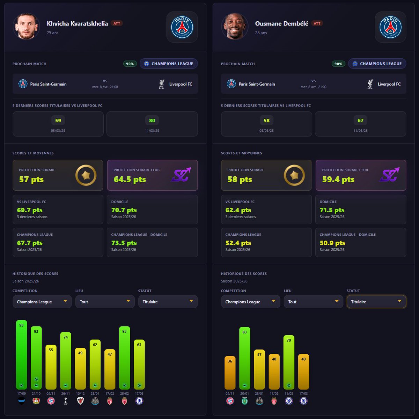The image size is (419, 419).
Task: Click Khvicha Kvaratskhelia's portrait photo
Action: [26, 27]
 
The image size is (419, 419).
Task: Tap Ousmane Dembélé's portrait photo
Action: [235, 27]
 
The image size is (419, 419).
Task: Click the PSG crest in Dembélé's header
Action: [390, 27]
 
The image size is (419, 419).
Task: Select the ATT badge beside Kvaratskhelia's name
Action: [117, 24]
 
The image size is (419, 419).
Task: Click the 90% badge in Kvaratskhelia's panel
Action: [130, 64]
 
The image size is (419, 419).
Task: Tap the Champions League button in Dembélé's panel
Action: [377, 64]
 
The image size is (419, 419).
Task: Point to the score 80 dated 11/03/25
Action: [152, 121]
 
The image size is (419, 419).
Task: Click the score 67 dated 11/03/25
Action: [360, 121]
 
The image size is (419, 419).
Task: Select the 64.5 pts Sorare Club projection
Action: [130, 179]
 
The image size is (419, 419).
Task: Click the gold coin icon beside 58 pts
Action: [294, 175]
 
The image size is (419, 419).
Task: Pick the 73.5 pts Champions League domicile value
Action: [124, 243]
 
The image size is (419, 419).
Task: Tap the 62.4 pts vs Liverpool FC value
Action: [238, 210]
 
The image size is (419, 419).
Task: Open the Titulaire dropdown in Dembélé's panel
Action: [376, 302]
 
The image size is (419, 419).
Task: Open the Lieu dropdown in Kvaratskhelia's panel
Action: [105, 302]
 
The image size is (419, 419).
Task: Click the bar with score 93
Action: [22, 354]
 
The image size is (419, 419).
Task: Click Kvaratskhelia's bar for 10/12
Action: [80, 368]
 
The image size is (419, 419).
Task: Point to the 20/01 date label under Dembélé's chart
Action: [244, 394]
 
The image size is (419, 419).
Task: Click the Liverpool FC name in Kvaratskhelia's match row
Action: [181, 84]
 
